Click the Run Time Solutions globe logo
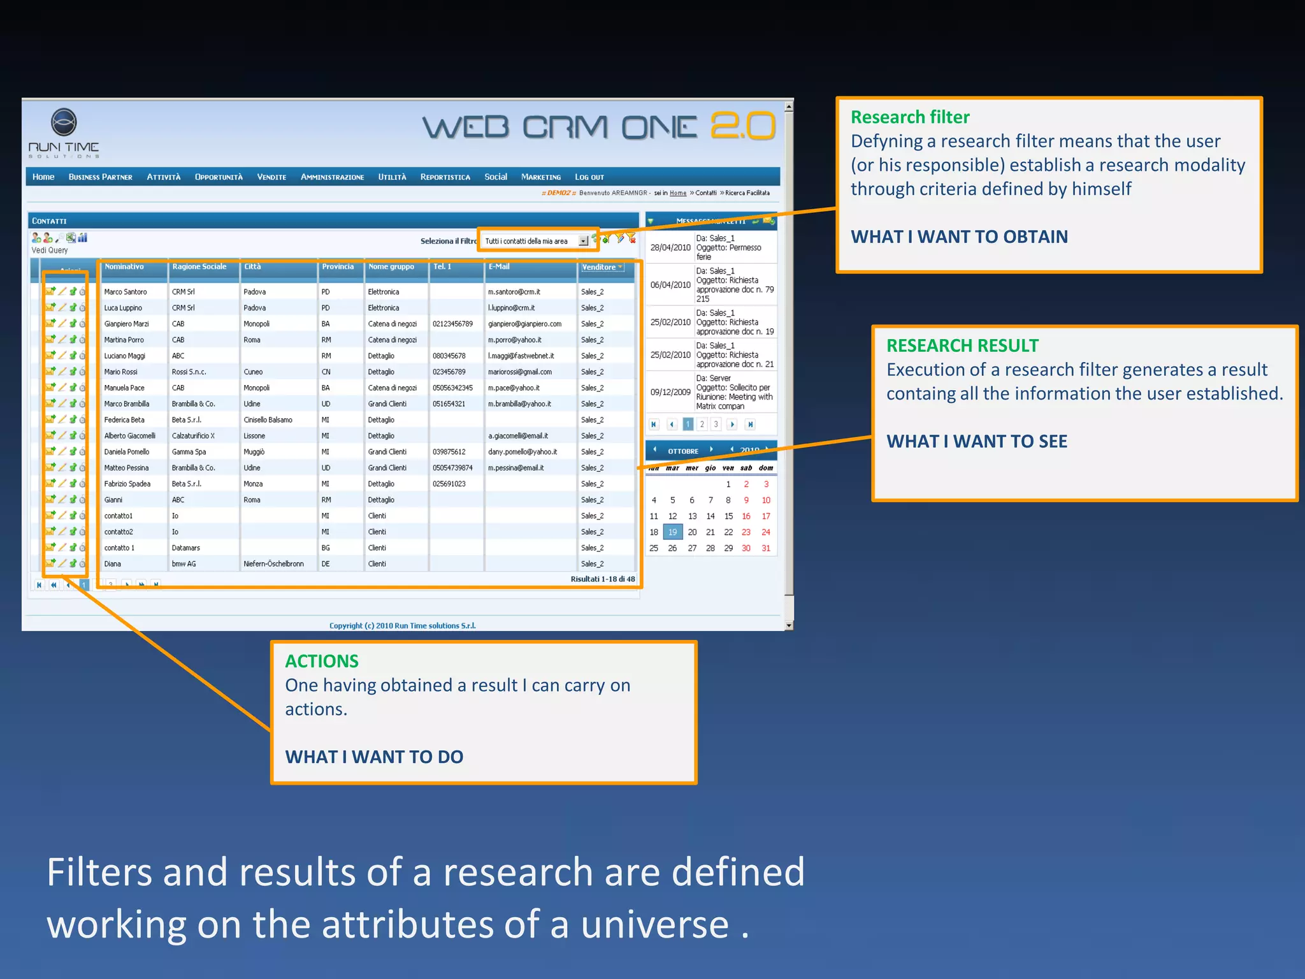point(64,122)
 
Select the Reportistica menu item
point(445,177)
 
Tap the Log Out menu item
point(589,177)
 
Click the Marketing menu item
point(540,177)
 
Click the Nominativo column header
point(124,267)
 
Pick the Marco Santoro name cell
point(126,292)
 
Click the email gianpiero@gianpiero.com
point(524,324)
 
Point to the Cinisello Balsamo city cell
point(268,420)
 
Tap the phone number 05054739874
point(452,468)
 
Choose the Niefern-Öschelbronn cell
point(273,564)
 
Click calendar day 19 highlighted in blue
point(672,532)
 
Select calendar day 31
point(766,548)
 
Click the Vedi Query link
point(50,250)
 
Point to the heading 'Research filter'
point(910,117)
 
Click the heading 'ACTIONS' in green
point(322,661)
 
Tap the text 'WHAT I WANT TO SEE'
point(976,441)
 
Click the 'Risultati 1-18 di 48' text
point(602,579)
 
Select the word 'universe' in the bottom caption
point(654,925)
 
